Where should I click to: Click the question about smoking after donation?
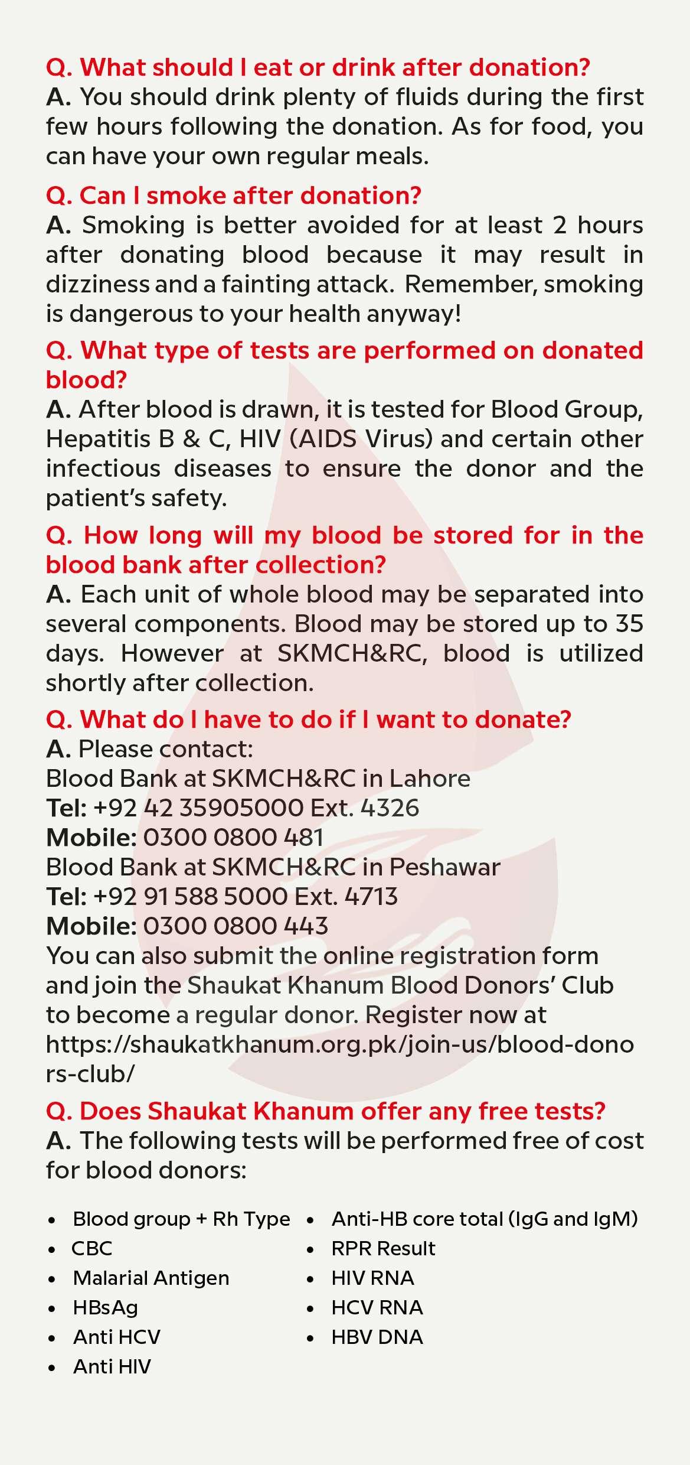coord(234,195)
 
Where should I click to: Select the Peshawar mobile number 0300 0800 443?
coord(236,926)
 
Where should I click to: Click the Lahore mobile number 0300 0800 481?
coord(233,837)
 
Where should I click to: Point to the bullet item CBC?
coord(91,1248)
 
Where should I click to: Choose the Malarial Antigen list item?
coord(151,1278)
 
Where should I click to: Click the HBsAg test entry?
coord(105,1307)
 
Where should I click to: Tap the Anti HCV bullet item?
coord(116,1337)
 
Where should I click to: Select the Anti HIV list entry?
coord(112,1366)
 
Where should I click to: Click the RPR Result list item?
coord(383,1248)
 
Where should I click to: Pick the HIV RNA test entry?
coord(372,1278)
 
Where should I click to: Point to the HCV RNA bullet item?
coord(377,1307)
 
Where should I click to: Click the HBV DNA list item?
coord(377,1337)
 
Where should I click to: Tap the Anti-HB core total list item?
coord(484,1219)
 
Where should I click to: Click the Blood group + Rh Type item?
coord(181,1219)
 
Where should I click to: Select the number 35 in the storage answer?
coord(629,624)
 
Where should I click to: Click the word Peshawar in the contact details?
coord(445,867)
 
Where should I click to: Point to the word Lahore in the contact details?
coord(429,778)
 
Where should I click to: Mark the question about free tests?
coord(326,1111)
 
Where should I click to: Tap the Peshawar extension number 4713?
coord(371,896)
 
